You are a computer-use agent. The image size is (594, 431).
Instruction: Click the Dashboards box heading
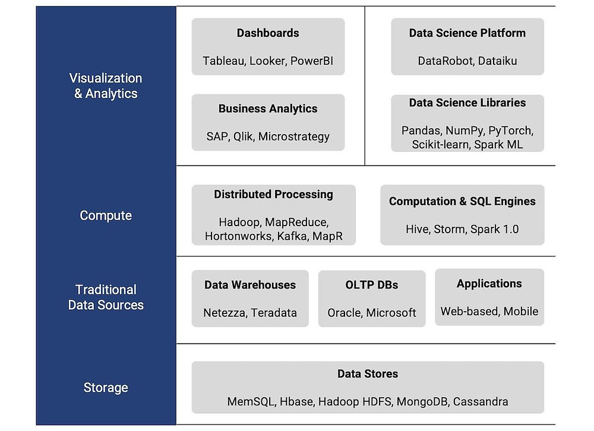coord(268,33)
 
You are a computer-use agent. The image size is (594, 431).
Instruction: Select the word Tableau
coord(223,61)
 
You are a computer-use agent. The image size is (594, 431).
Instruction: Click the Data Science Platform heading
coord(467,33)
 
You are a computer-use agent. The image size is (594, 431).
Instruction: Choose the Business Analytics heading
coord(268,109)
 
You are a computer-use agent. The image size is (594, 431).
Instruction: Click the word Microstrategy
coord(293,137)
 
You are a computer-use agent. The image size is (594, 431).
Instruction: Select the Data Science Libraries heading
coord(467,103)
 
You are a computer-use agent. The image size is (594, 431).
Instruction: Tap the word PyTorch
coord(510,131)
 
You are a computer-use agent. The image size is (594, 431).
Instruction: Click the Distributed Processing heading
coord(273,194)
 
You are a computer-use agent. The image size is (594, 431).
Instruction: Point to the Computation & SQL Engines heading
coord(462,201)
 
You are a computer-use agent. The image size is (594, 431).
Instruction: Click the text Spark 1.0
coord(494,229)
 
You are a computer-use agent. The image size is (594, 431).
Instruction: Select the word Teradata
coord(274,313)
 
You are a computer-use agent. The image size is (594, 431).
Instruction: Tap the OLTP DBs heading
coord(372,285)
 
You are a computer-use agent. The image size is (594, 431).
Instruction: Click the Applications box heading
coord(489,284)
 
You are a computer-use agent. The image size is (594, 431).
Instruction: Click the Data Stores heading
coord(368,374)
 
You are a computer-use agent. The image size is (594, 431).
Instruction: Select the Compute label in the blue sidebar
coord(106,215)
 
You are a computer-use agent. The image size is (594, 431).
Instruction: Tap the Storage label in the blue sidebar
coord(106,388)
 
